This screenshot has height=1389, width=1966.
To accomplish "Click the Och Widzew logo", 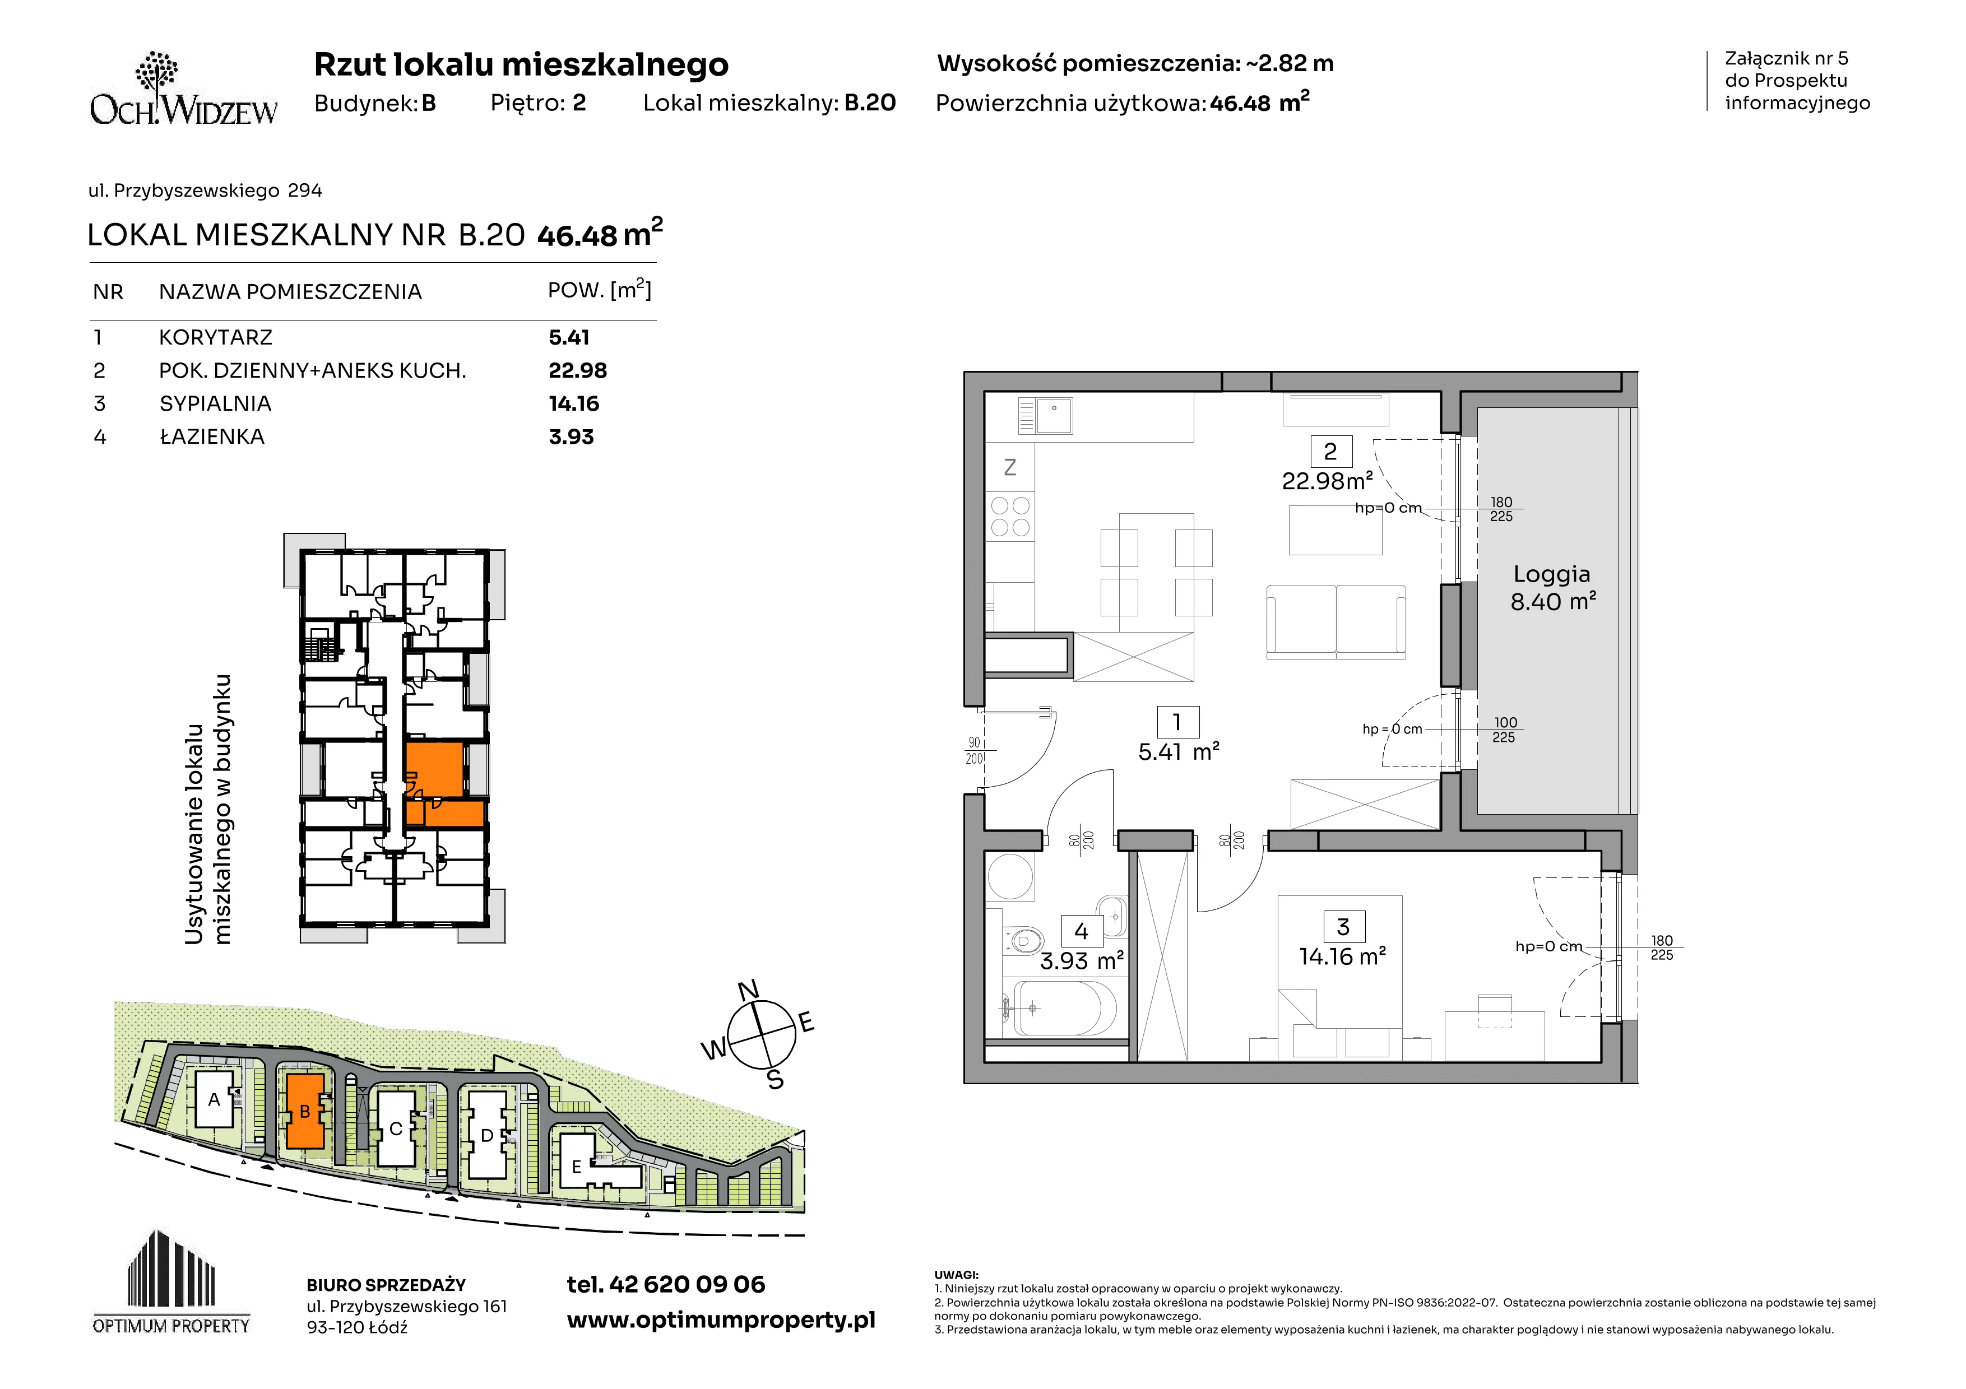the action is [x=184, y=89].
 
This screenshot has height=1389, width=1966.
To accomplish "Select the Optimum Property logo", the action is [x=171, y=1282].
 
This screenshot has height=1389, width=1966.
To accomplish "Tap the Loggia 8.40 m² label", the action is [x=1552, y=588].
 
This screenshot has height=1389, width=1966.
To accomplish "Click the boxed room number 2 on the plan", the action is [x=1330, y=451].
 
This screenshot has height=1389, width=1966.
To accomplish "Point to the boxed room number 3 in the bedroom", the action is [x=1343, y=927].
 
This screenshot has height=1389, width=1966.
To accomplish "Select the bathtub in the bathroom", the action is [x=1064, y=1007].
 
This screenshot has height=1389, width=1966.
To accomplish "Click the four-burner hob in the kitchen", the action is [x=1010, y=516].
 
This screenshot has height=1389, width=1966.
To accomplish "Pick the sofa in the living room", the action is [x=1336, y=622].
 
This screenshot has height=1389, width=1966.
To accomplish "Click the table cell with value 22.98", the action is [x=578, y=370].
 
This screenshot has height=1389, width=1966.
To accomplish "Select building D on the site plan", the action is [x=487, y=1135].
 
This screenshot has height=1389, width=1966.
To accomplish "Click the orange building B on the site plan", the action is [x=305, y=1111].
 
